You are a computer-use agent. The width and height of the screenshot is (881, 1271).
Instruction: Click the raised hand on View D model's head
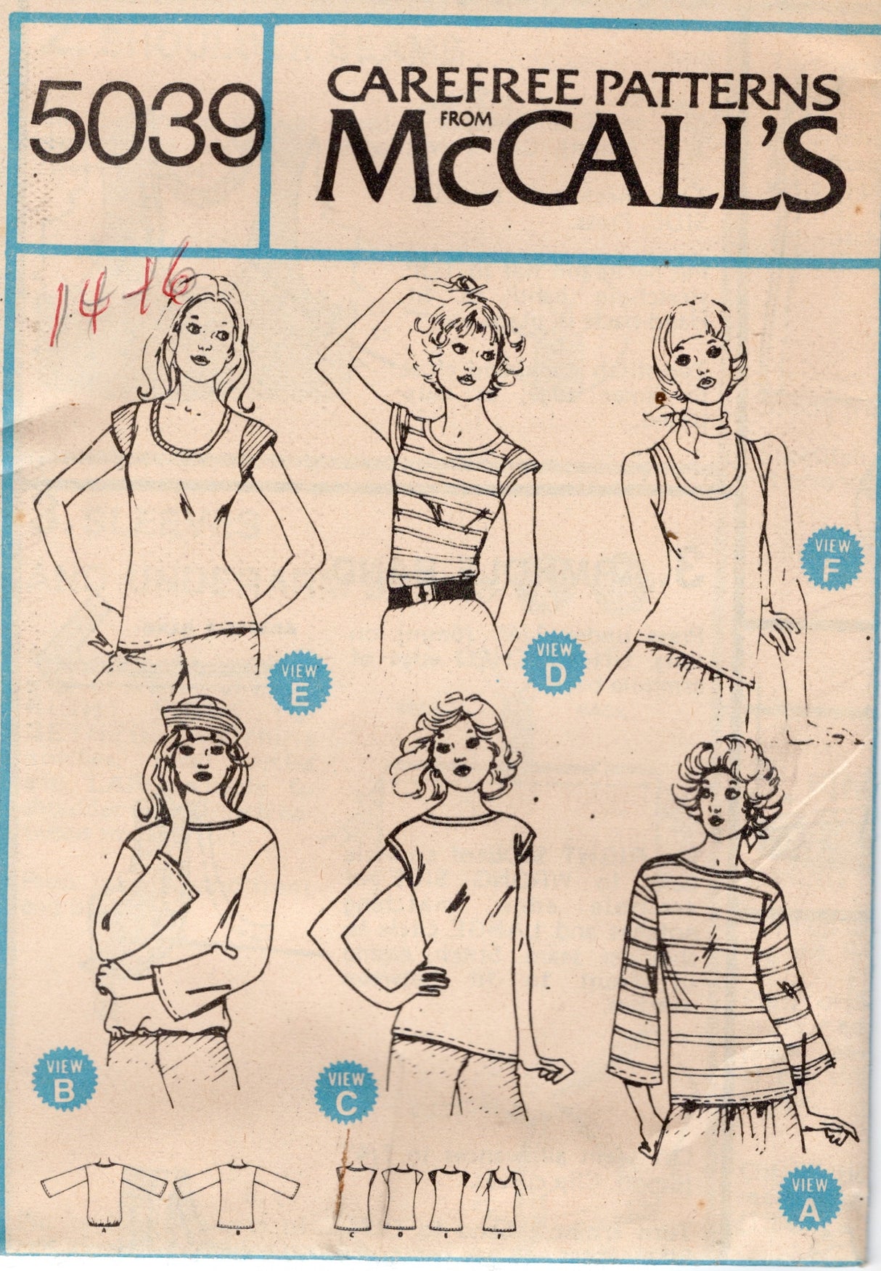click(463, 284)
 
